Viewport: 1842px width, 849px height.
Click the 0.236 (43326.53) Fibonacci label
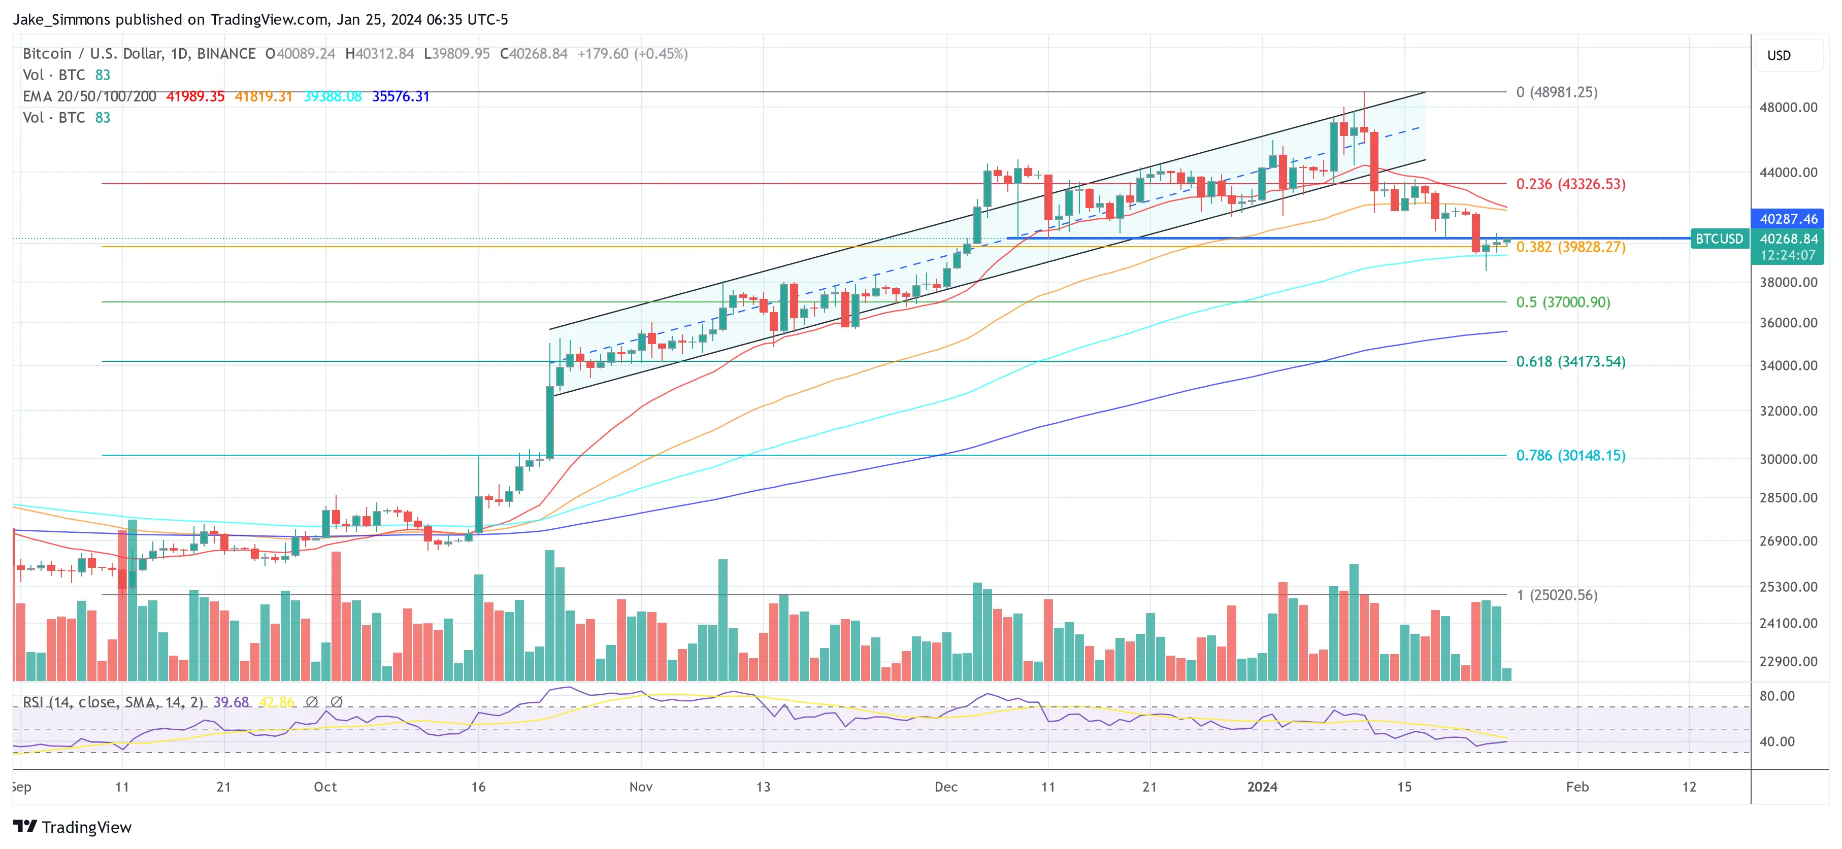[1570, 184]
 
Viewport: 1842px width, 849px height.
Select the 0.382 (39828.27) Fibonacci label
[1570, 247]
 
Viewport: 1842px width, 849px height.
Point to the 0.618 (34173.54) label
[1570, 362]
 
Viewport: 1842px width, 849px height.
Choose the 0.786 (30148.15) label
[1570, 455]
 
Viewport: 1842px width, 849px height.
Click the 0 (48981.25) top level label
[1556, 92]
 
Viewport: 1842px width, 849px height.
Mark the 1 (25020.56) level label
[1556, 595]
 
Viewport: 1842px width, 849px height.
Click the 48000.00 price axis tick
[1788, 107]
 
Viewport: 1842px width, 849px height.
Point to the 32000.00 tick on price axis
[1788, 411]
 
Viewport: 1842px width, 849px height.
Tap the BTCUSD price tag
[1719, 239]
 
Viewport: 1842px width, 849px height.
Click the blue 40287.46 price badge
[1788, 219]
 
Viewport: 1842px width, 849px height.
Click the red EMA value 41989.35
[195, 96]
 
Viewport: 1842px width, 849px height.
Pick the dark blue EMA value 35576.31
[401, 96]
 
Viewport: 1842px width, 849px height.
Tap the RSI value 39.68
[231, 702]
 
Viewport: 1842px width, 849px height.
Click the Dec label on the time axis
[945, 787]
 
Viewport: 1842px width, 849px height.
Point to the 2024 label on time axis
[1262, 787]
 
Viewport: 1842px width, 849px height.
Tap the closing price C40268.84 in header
[534, 54]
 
